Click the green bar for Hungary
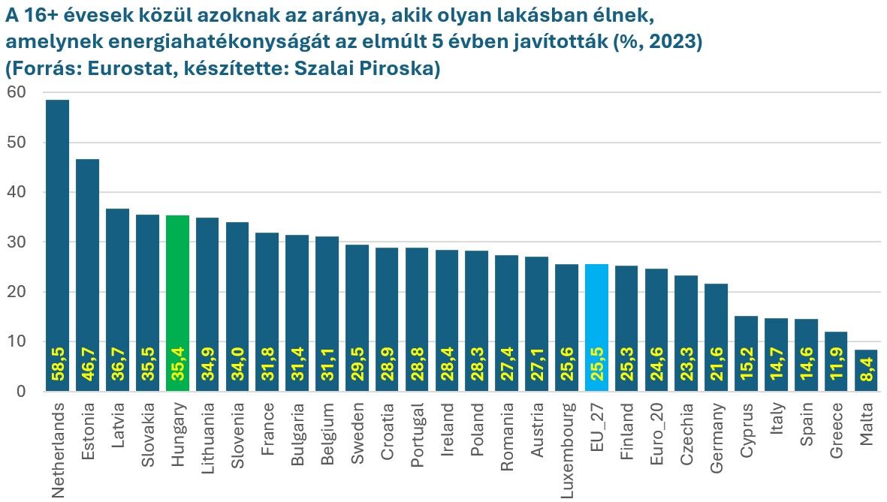[177, 303]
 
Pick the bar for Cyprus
[747, 353]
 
